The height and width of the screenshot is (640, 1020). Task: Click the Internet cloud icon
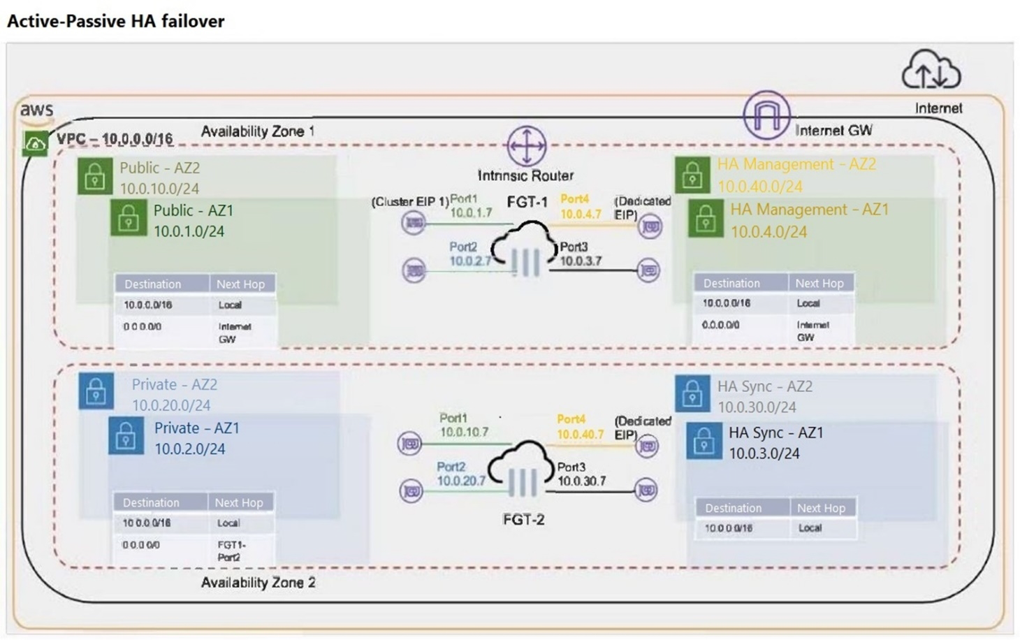pyautogui.click(x=931, y=69)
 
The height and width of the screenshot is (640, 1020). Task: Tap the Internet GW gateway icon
pyautogui.click(x=766, y=115)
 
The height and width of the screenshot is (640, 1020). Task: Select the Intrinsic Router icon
pyautogui.click(x=526, y=145)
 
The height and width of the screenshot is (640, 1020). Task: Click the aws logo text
pyautogui.click(x=36, y=110)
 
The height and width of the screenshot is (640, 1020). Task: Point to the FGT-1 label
pyautogui.click(x=527, y=202)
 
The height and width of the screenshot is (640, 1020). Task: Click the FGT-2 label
pyautogui.click(x=523, y=519)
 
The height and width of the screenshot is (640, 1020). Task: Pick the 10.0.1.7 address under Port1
pyautogui.click(x=471, y=212)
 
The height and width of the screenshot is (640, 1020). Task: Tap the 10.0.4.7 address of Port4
pyautogui.click(x=581, y=214)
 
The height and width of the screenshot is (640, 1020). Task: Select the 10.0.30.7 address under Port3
pyautogui.click(x=581, y=481)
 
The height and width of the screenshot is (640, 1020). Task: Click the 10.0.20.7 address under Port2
pyautogui.click(x=461, y=481)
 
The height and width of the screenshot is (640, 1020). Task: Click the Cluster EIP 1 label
pyautogui.click(x=410, y=202)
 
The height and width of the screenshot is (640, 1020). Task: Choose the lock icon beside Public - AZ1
pyautogui.click(x=128, y=219)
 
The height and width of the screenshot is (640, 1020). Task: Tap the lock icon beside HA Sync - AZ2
pyautogui.click(x=692, y=395)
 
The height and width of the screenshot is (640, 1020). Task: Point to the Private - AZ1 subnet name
pyautogui.click(x=196, y=428)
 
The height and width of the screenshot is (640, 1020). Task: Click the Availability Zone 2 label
pyautogui.click(x=258, y=582)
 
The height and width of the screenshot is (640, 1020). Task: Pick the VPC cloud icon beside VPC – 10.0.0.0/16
pyautogui.click(x=35, y=143)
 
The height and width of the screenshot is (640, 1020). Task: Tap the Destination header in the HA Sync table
pyautogui.click(x=733, y=508)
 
